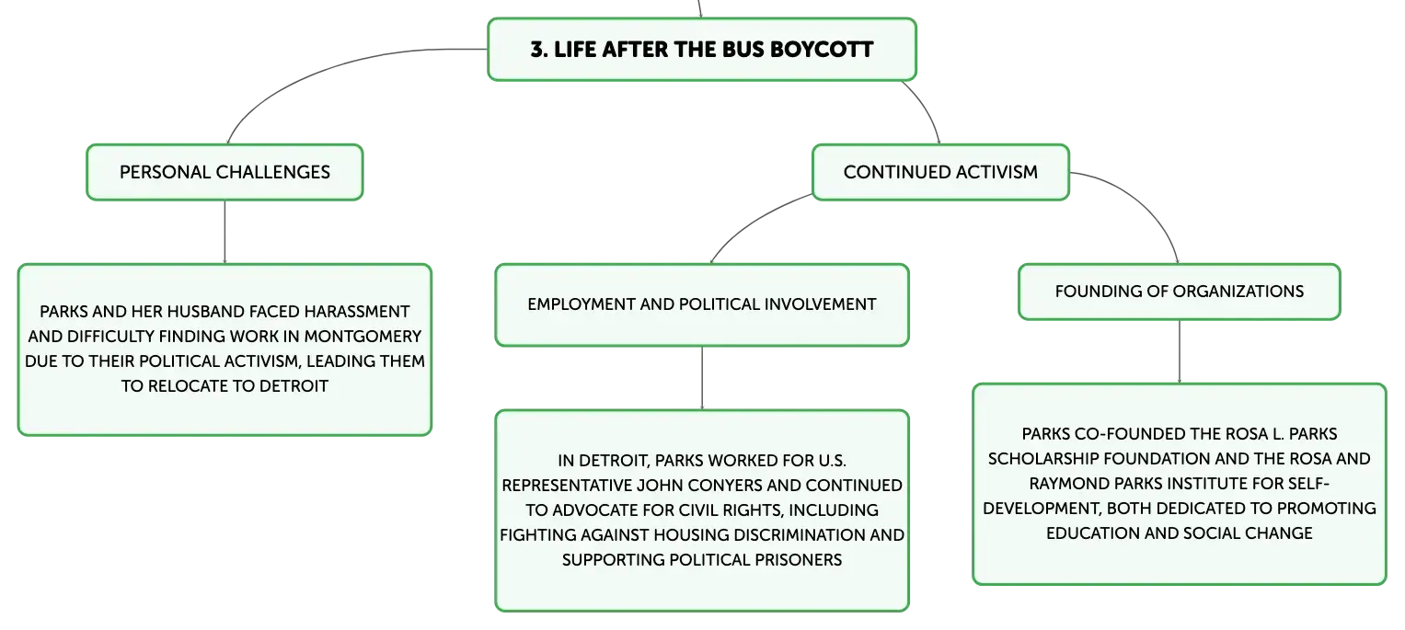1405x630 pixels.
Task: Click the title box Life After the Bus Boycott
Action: coord(702,50)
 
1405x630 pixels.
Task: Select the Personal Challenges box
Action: coord(225,172)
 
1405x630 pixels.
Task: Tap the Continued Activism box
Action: coord(940,172)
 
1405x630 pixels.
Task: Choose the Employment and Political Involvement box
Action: coord(702,304)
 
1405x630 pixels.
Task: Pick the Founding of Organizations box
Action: coord(1180,292)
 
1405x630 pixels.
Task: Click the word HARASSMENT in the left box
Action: coord(357,312)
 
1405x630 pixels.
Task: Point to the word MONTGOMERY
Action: coord(363,337)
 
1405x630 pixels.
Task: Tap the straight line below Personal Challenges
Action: coord(225,232)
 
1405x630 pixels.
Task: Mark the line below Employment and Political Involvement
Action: coord(702,378)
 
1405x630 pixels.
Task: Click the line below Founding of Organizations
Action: coord(1180,351)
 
